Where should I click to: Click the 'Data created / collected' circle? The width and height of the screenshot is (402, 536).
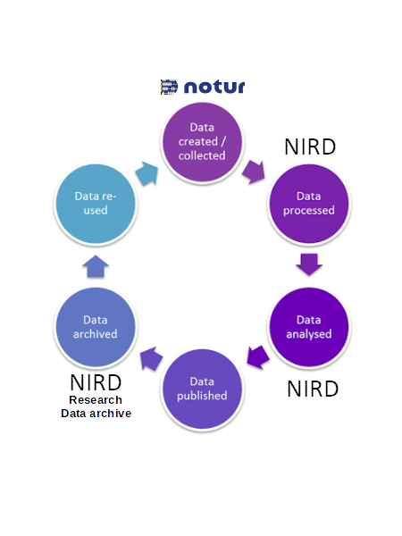[x=202, y=142]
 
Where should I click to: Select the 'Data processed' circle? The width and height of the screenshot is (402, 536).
[x=309, y=204]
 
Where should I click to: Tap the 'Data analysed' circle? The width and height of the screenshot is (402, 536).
[x=309, y=327]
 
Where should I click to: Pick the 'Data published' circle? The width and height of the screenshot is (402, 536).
[x=202, y=389]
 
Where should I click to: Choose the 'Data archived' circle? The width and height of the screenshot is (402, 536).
[x=96, y=327]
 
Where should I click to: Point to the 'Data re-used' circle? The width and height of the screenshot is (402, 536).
[x=96, y=204]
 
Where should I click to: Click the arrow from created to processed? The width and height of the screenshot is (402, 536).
[x=254, y=171]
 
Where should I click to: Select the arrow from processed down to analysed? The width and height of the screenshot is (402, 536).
[x=309, y=264]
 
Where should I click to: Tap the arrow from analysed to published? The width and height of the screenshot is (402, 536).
[x=258, y=357]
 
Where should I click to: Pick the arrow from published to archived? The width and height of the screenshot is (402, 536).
[x=152, y=358]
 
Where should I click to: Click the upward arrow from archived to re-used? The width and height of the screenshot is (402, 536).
[x=96, y=266]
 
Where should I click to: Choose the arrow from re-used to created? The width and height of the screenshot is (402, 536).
[x=147, y=173]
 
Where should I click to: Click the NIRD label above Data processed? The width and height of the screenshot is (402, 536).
[x=310, y=147]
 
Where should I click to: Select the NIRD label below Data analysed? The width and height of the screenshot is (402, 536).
[x=313, y=389]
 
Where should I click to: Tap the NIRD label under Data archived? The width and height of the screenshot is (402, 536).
[x=96, y=382]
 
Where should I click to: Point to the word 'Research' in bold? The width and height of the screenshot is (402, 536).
[x=96, y=399]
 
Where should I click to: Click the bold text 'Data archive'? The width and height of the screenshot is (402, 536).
[x=96, y=414]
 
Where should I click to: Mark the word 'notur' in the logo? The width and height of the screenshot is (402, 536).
[x=214, y=87]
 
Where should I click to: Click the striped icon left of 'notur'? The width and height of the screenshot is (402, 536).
[x=169, y=87]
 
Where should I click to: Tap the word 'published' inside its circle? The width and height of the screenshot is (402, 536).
[x=202, y=396]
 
